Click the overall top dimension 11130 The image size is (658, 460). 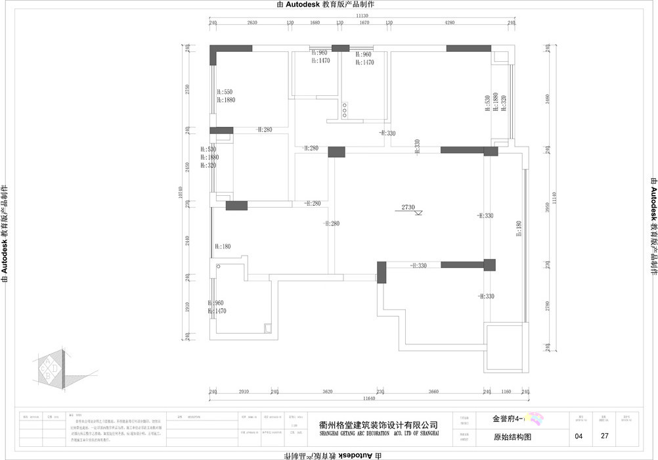(362, 14)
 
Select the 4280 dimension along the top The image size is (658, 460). (450, 22)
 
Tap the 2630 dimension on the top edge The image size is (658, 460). (252, 22)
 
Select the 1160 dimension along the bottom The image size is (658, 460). (506, 392)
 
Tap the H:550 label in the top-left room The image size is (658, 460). (225, 92)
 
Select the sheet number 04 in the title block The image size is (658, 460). (579, 436)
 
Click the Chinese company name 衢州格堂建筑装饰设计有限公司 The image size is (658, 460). (378, 425)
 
